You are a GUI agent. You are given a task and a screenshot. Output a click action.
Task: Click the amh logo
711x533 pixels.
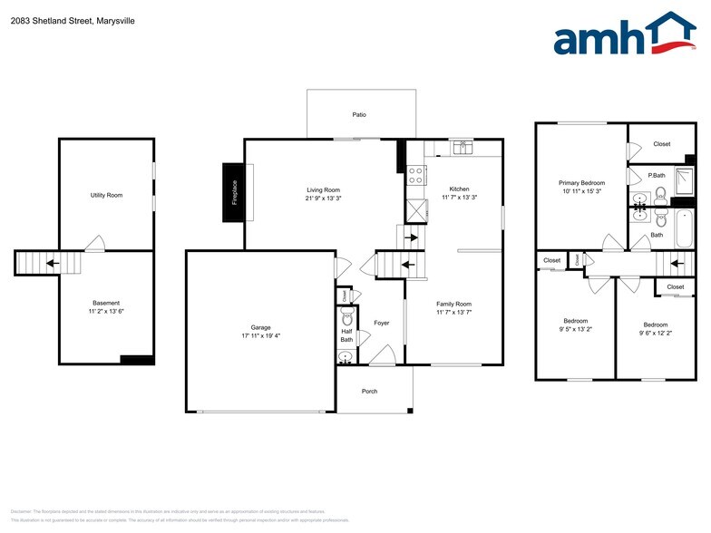pos(625,35)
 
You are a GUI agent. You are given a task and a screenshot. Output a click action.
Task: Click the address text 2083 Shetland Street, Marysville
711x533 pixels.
pos(73,20)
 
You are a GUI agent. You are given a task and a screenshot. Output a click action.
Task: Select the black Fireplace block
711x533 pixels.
pos(233,192)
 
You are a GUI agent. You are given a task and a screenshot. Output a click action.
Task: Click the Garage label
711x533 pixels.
pos(261,327)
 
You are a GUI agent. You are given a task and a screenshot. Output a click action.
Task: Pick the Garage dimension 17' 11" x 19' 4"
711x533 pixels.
pos(261,336)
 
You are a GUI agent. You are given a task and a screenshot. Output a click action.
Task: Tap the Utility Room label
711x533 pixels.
pos(106,195)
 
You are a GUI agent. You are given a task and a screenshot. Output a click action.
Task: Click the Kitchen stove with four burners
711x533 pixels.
pos(417,175)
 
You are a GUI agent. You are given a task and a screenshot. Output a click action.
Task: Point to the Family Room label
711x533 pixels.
pos(453,305)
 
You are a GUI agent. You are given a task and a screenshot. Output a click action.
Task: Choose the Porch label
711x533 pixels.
pos(369,392)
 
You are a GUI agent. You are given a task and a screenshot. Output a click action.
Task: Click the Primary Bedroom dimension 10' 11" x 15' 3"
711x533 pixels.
pos(581,191)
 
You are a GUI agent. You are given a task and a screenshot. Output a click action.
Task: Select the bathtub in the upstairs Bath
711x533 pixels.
pos(681,220)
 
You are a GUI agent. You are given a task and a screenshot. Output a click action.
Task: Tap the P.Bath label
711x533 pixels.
pos(657,175)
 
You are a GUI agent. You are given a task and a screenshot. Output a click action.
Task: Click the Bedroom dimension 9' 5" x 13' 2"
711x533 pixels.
pos(575,330)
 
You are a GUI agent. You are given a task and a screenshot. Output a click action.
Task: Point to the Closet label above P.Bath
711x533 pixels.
pos(661,144)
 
